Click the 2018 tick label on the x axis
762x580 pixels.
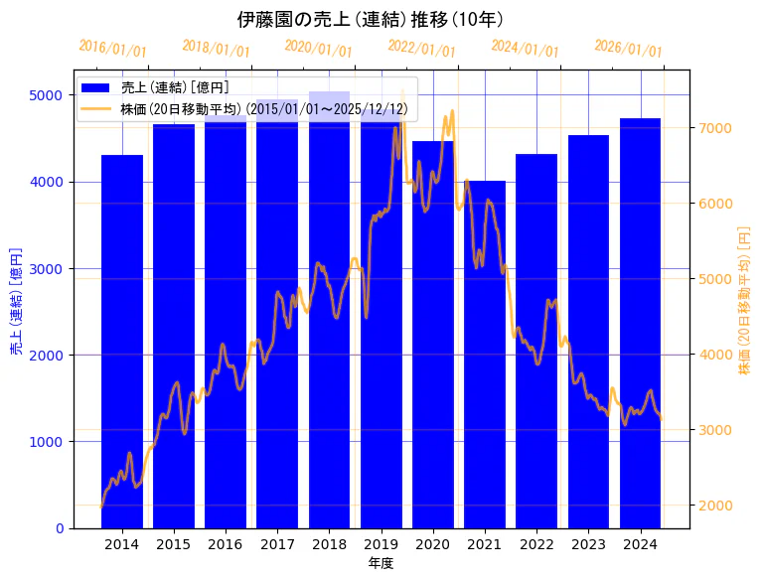coord(329,544)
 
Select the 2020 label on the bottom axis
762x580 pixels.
coord(433,544)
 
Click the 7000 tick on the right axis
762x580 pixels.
coord(717,128)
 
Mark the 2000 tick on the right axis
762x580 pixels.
coord(717,506)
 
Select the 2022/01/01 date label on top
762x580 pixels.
coord(422,49)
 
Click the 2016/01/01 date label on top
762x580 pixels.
coord(112,49)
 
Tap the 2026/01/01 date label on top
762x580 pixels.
coord(628,49)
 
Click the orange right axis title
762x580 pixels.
coord(744,299)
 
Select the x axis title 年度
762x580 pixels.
coord(381,563)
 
